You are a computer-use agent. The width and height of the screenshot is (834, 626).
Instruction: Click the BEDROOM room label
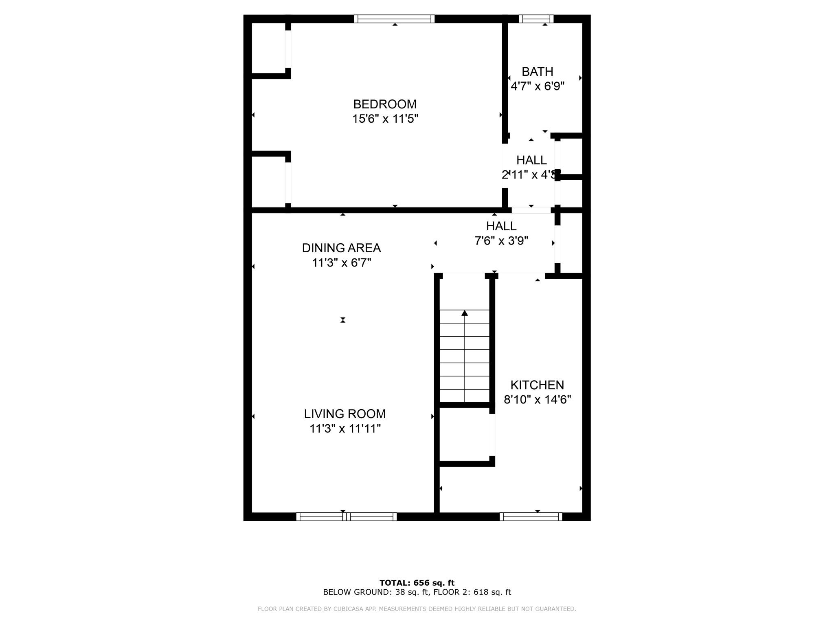pos(385,104)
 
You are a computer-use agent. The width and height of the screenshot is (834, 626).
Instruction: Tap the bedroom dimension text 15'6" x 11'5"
pos(385,119)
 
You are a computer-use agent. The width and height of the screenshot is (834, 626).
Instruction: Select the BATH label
pos(538,72)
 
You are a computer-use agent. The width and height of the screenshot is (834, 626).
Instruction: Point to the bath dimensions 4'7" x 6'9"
pos(538,86)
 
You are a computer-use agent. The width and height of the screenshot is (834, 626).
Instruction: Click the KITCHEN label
pos(537,385)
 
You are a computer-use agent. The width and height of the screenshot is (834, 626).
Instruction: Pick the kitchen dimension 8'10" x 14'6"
pos(538,400)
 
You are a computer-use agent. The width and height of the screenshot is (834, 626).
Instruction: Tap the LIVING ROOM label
pos(345,414)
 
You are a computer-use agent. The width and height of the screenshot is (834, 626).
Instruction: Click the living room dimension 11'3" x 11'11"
pos(345,429)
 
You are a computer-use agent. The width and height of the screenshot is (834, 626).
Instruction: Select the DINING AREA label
pos(341,248)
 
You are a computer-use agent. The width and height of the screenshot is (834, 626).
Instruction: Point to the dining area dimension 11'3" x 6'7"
pos(341,263)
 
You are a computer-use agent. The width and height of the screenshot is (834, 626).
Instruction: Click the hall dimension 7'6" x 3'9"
pos(501,241)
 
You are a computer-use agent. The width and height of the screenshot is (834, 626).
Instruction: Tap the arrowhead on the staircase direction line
pos(465,313)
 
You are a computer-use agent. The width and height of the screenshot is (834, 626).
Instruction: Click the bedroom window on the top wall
pos(394,19)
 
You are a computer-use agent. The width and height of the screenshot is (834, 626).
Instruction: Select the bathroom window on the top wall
pos(536,19)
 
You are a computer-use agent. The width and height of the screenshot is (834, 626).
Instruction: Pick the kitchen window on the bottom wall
pos(531,517)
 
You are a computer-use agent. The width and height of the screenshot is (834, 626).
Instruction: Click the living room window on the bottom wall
pos(346,517)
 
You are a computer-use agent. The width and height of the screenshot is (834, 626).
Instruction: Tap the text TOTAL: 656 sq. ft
pos(417,583)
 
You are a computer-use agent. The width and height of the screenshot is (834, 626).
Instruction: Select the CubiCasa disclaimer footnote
pos(417,609)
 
